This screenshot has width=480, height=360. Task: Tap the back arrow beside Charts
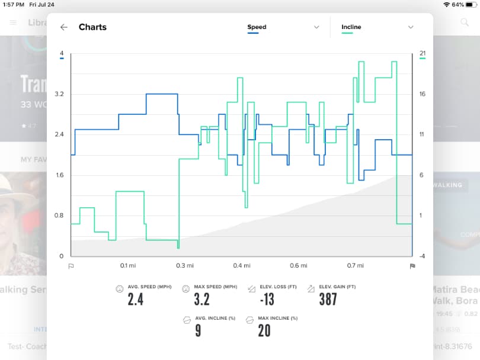point(64,27)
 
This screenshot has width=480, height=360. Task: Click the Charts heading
point(92,27)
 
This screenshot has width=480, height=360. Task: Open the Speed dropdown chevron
point(315,27)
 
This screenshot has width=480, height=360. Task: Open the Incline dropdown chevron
point(410,27)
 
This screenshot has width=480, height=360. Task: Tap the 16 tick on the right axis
point(423,94)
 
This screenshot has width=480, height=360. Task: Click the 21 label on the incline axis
point(423,54)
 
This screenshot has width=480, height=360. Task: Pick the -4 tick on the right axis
point(422,256)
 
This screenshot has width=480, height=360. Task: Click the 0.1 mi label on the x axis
point(127,266)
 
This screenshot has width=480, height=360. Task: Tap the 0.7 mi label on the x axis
point(355,266)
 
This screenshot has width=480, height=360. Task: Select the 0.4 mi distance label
point(241,266)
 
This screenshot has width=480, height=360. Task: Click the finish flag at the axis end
point(412,266)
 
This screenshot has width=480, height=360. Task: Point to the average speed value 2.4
point(136,299)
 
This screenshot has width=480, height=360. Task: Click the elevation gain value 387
point(327,299)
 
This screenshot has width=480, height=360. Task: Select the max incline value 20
point(264,330)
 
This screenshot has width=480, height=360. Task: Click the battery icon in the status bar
point(471,4)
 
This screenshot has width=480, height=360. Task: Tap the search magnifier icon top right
point(465,22)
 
